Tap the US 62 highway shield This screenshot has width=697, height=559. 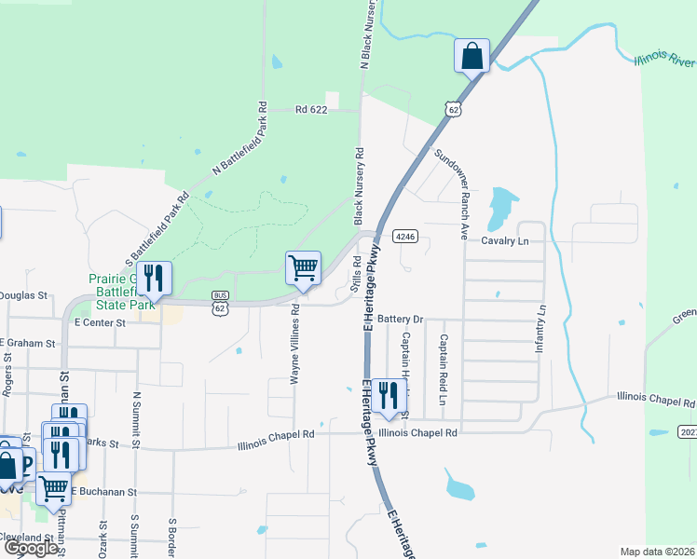point(453,109)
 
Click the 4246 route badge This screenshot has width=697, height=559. point(403,237)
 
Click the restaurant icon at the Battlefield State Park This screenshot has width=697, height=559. point(154,277)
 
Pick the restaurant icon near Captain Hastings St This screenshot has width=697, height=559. point(389,395)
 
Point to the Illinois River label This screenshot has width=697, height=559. point(663,61)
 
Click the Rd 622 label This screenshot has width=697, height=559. point(312,109)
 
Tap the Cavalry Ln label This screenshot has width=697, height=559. point(504,240)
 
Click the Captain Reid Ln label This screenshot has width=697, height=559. point(444,363)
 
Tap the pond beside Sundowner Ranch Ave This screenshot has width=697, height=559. point(502,207)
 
